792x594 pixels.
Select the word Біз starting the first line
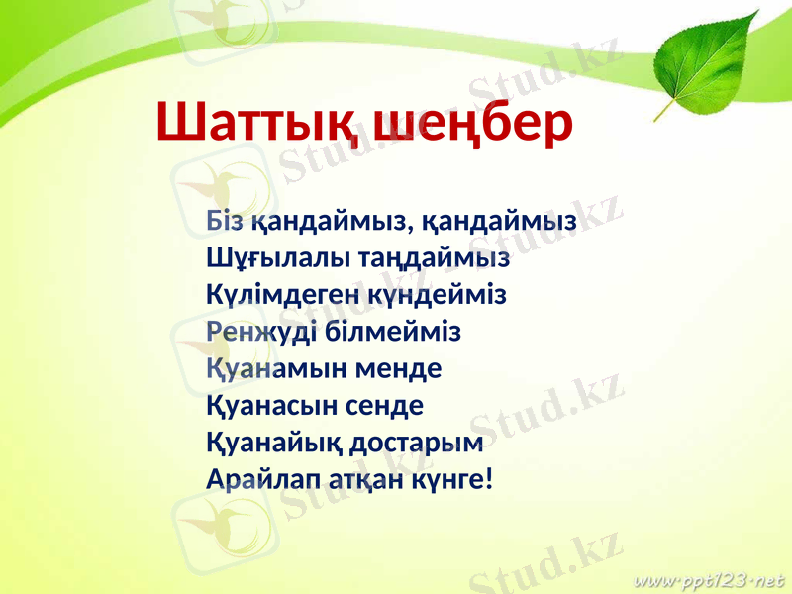(x=227, y=221)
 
